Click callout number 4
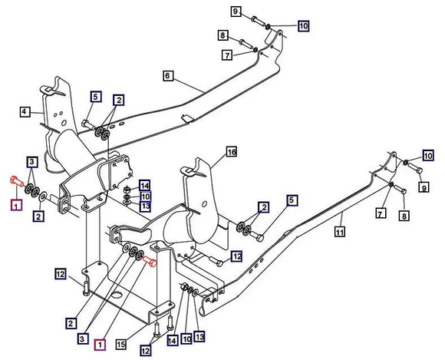(25, 111)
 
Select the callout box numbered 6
(168, 76)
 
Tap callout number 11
(340, 232)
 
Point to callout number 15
(121, 345)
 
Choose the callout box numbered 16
(232, 152)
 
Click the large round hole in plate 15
(117, 295)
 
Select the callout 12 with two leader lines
(145, 351)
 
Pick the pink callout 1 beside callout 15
(100, 345)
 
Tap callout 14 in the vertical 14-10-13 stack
(144, 186)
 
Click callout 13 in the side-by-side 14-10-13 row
(199, 337)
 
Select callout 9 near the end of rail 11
(424, 187)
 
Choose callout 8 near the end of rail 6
(223, 35)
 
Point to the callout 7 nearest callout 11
(381, 213)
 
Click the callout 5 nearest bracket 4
(96, 97)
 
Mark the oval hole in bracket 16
(204, 204)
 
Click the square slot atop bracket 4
(48, 91)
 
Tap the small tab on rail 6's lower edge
(187, 118)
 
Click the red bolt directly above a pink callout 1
(17, 181)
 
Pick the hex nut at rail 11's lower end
(184, 286)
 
